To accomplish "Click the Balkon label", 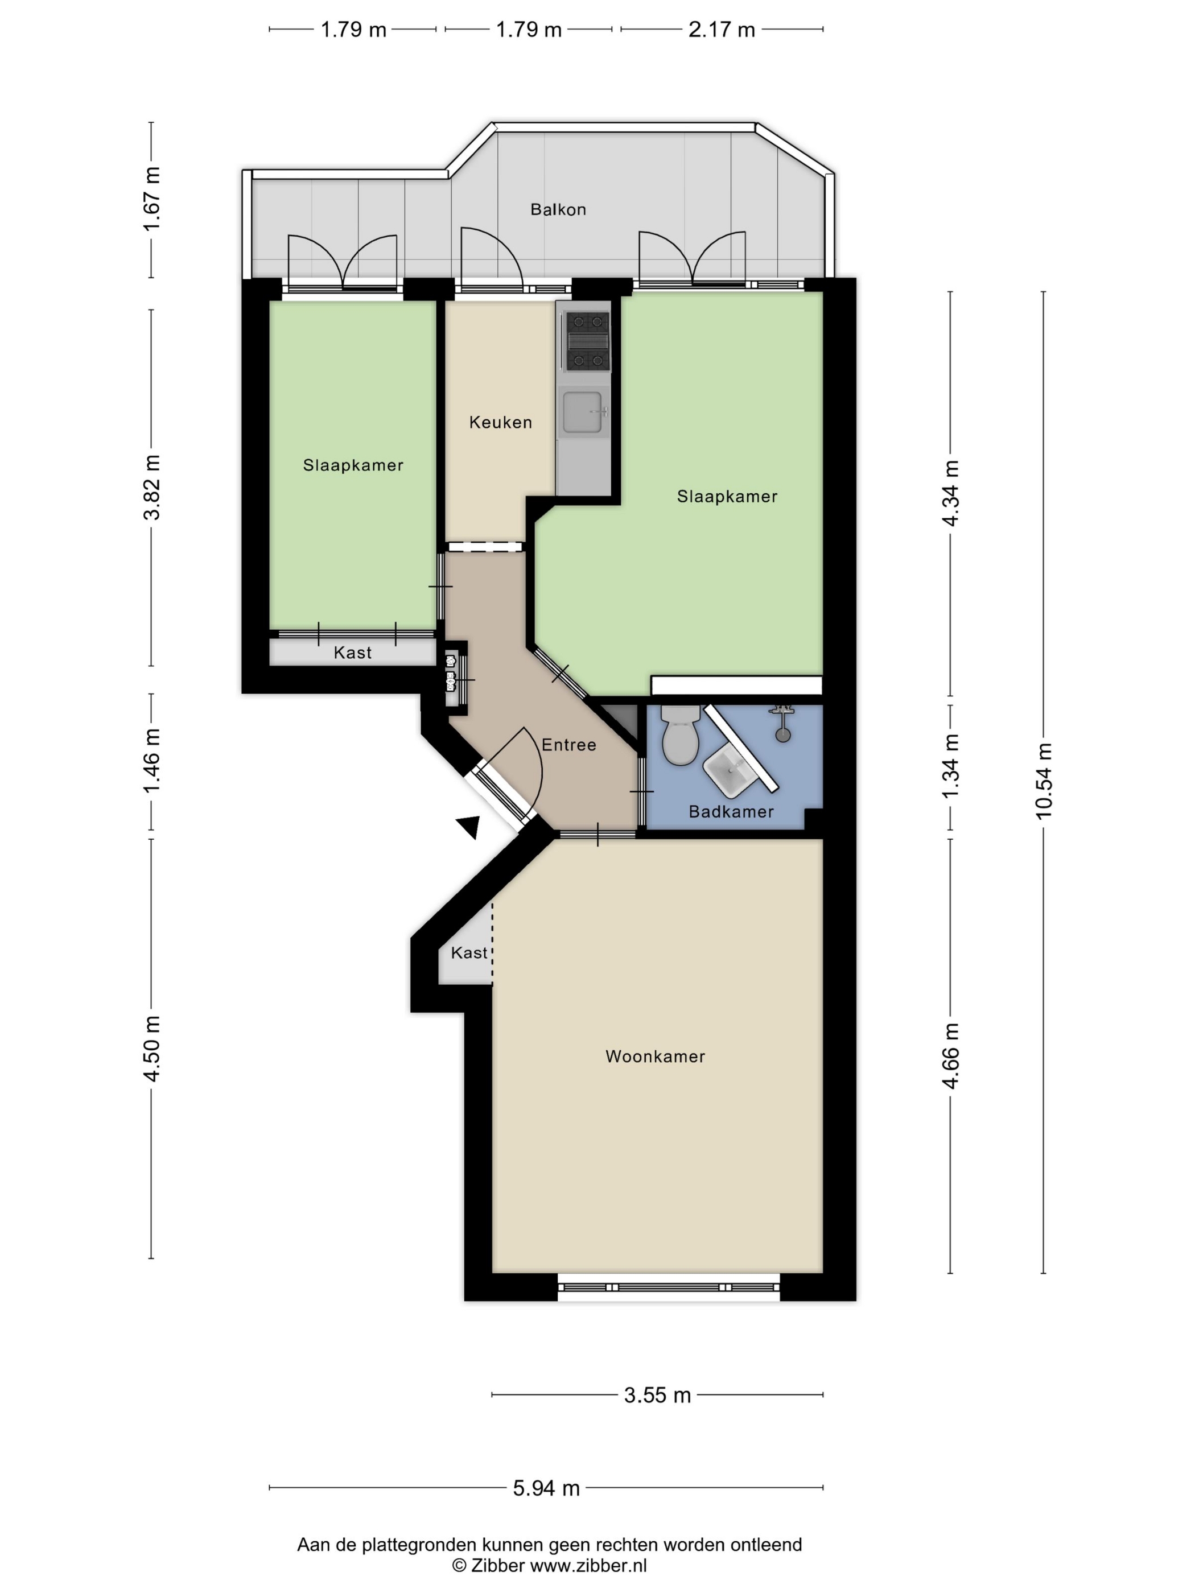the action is pos(558,209).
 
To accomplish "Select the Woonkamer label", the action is pos(655,1057).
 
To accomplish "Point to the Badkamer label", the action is pos(731,812).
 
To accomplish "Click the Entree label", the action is pos(568,745).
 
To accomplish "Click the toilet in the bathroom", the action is pos(680,734).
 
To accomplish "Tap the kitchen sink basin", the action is pos(582,412).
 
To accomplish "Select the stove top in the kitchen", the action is pos(587,341).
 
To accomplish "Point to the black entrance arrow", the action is pos(469,827).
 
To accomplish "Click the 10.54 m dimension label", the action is pos(1044,781).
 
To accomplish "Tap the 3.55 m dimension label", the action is pos(657,1395).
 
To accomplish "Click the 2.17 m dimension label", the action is pos(721,30).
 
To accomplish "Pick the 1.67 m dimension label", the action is pos(152,199).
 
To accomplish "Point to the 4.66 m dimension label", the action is pos(951,1056).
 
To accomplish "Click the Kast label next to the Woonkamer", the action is pos(469,953).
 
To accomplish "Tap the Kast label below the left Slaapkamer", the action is pos(352,653).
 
